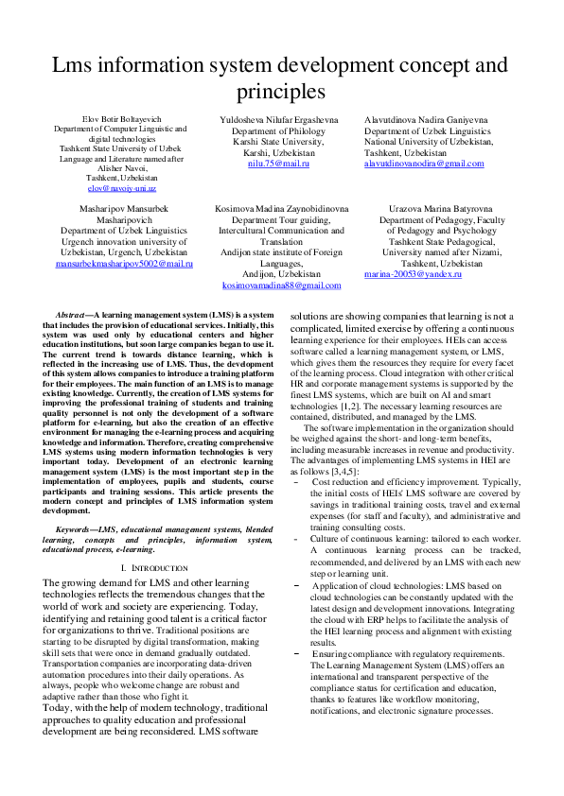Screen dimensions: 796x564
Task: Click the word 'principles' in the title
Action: click(x=281, y=92)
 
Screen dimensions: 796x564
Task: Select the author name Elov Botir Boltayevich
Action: click(x=120, y=119)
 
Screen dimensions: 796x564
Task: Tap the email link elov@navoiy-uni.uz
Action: click(x=120, y=188)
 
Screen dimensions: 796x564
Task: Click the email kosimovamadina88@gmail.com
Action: click(x=281, y=286)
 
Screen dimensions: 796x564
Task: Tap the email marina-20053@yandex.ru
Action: click(x=413, y=273)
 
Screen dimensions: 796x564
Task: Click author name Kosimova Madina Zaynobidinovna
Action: click(x=281, y=207)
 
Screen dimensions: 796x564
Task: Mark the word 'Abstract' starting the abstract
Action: click(x=74, y=313)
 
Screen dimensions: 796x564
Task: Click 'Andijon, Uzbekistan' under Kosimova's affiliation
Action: click(x=281, y=273)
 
